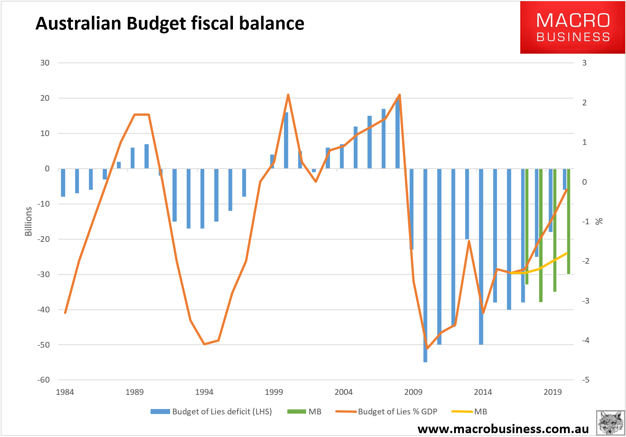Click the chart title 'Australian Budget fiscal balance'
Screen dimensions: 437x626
(170, 23)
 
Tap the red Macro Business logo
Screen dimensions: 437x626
(572, 27)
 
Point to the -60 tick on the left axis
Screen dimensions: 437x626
(44, 380)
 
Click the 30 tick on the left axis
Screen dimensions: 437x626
(45, 63)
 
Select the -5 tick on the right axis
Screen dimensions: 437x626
(585, 380)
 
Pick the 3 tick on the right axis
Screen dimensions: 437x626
(584, 63)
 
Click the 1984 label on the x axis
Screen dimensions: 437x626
(65, 392)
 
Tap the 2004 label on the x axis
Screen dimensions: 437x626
(343, 392)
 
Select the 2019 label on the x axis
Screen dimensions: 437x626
(552, 392)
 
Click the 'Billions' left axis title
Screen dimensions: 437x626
(28, 221)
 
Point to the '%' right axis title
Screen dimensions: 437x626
(599, 221)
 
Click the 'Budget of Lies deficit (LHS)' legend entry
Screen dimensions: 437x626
(211, 412)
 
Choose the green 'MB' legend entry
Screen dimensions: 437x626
(305, 412)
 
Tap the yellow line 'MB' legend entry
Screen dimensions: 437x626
(469, 412)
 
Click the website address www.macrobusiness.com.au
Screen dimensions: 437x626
(503, 429)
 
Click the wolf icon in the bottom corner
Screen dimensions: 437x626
(610, 423)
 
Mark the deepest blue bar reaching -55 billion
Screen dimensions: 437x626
(425, 268)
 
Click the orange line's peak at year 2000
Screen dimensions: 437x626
(288, 95)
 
